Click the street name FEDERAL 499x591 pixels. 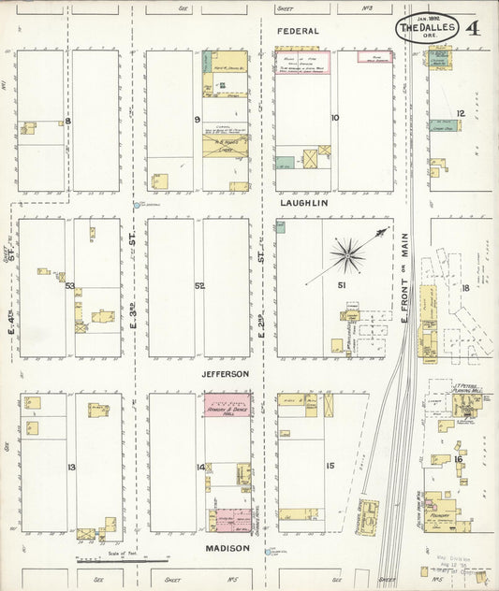(297, 31)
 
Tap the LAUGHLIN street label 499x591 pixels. (303, 202)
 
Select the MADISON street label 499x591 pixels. (228, 548)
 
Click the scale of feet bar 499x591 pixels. (123, 561)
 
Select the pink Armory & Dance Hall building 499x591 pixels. (227, 410)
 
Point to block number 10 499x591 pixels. (334, 118)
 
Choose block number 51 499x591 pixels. (342, 284)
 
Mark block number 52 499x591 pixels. (199, 285)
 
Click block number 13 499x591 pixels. (71, 466)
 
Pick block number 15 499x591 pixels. (330, 465)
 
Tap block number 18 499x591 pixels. (464, 288)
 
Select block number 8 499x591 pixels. (67, 121)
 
